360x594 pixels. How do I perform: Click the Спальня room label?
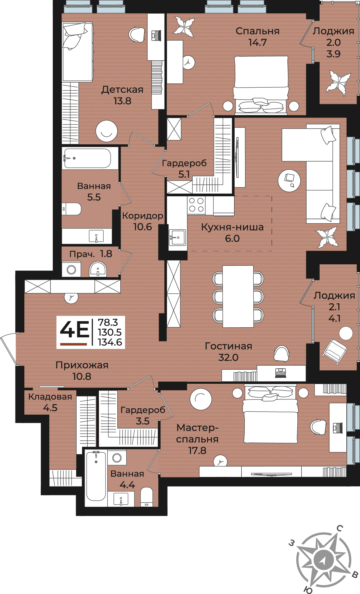click(x=258, y=31)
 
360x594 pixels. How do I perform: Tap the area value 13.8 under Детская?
click(x=122, y=101)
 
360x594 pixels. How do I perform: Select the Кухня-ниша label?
click(x=232, y=227)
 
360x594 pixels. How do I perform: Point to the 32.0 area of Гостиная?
click(x=228, y=357)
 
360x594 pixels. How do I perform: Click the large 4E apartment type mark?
click(x=74, y=329)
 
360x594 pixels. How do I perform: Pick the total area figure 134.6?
click(x=110, y=342)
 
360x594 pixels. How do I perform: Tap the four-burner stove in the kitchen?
click(x=196, y=205)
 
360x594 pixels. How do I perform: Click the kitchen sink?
click(x=177, y=238)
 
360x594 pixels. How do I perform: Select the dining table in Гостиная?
click(x=238, y=296)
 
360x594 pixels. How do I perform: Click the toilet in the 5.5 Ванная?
click(x=72, y=209)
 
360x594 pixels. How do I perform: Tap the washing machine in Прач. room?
click(x=71, y=270)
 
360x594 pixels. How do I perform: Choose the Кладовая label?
click(x=50, y=397)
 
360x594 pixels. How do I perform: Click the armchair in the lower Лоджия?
click(x=335, y=352)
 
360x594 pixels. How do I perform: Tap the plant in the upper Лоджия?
click(x=338, y=83)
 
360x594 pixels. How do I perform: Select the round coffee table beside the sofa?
click(x=289, y=181)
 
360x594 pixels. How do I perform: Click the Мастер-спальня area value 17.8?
click(x=197, y=451)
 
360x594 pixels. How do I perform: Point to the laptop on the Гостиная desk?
click(x=281, y=372)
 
